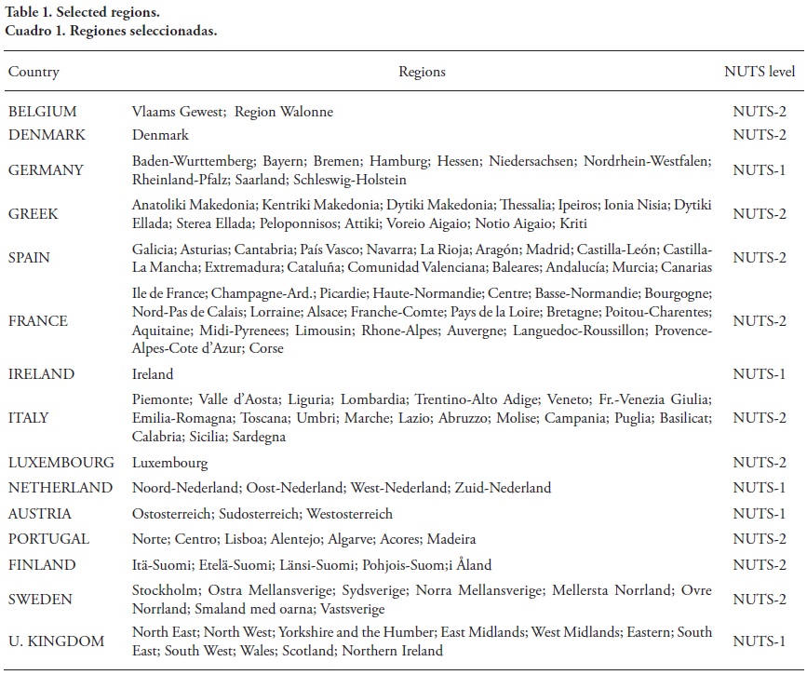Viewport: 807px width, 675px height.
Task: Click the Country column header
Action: pos(34,72)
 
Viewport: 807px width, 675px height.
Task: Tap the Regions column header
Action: pos(422,72)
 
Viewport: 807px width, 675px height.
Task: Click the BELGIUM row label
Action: pos(43,112)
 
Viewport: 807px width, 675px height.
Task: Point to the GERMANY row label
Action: pos(46,170)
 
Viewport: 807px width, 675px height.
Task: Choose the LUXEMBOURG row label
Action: pos(61,462)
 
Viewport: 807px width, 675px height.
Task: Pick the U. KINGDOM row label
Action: pos(55,641)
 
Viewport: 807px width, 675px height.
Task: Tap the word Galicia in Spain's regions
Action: pos(153,250)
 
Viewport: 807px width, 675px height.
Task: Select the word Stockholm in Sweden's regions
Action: pos(165,590)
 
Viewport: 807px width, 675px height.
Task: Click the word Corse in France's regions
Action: pos(265,348)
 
